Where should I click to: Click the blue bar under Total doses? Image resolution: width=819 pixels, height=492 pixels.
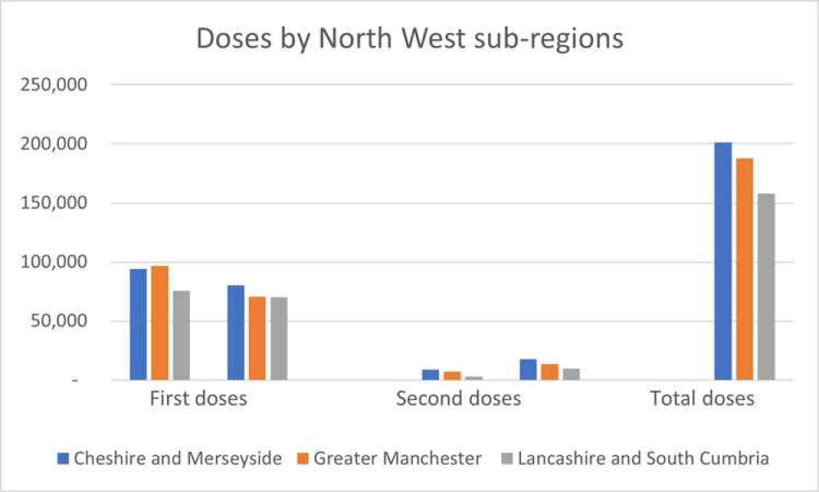pos(722,262)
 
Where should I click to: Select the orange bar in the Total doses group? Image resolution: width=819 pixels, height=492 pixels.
pos(744,269)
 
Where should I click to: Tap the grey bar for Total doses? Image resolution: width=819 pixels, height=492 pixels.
pos(766,287)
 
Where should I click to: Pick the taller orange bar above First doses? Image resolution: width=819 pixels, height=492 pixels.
pos(160,323)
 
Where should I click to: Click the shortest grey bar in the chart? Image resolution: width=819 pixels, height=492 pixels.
pos(473,378)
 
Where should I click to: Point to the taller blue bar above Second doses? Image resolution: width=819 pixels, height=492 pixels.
pos(528,370)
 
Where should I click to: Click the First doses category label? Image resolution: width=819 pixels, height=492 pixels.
pos(198,399)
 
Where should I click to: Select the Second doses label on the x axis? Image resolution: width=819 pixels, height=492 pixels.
pos(458,399)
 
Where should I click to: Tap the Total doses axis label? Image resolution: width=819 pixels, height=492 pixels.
pos(702,399)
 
